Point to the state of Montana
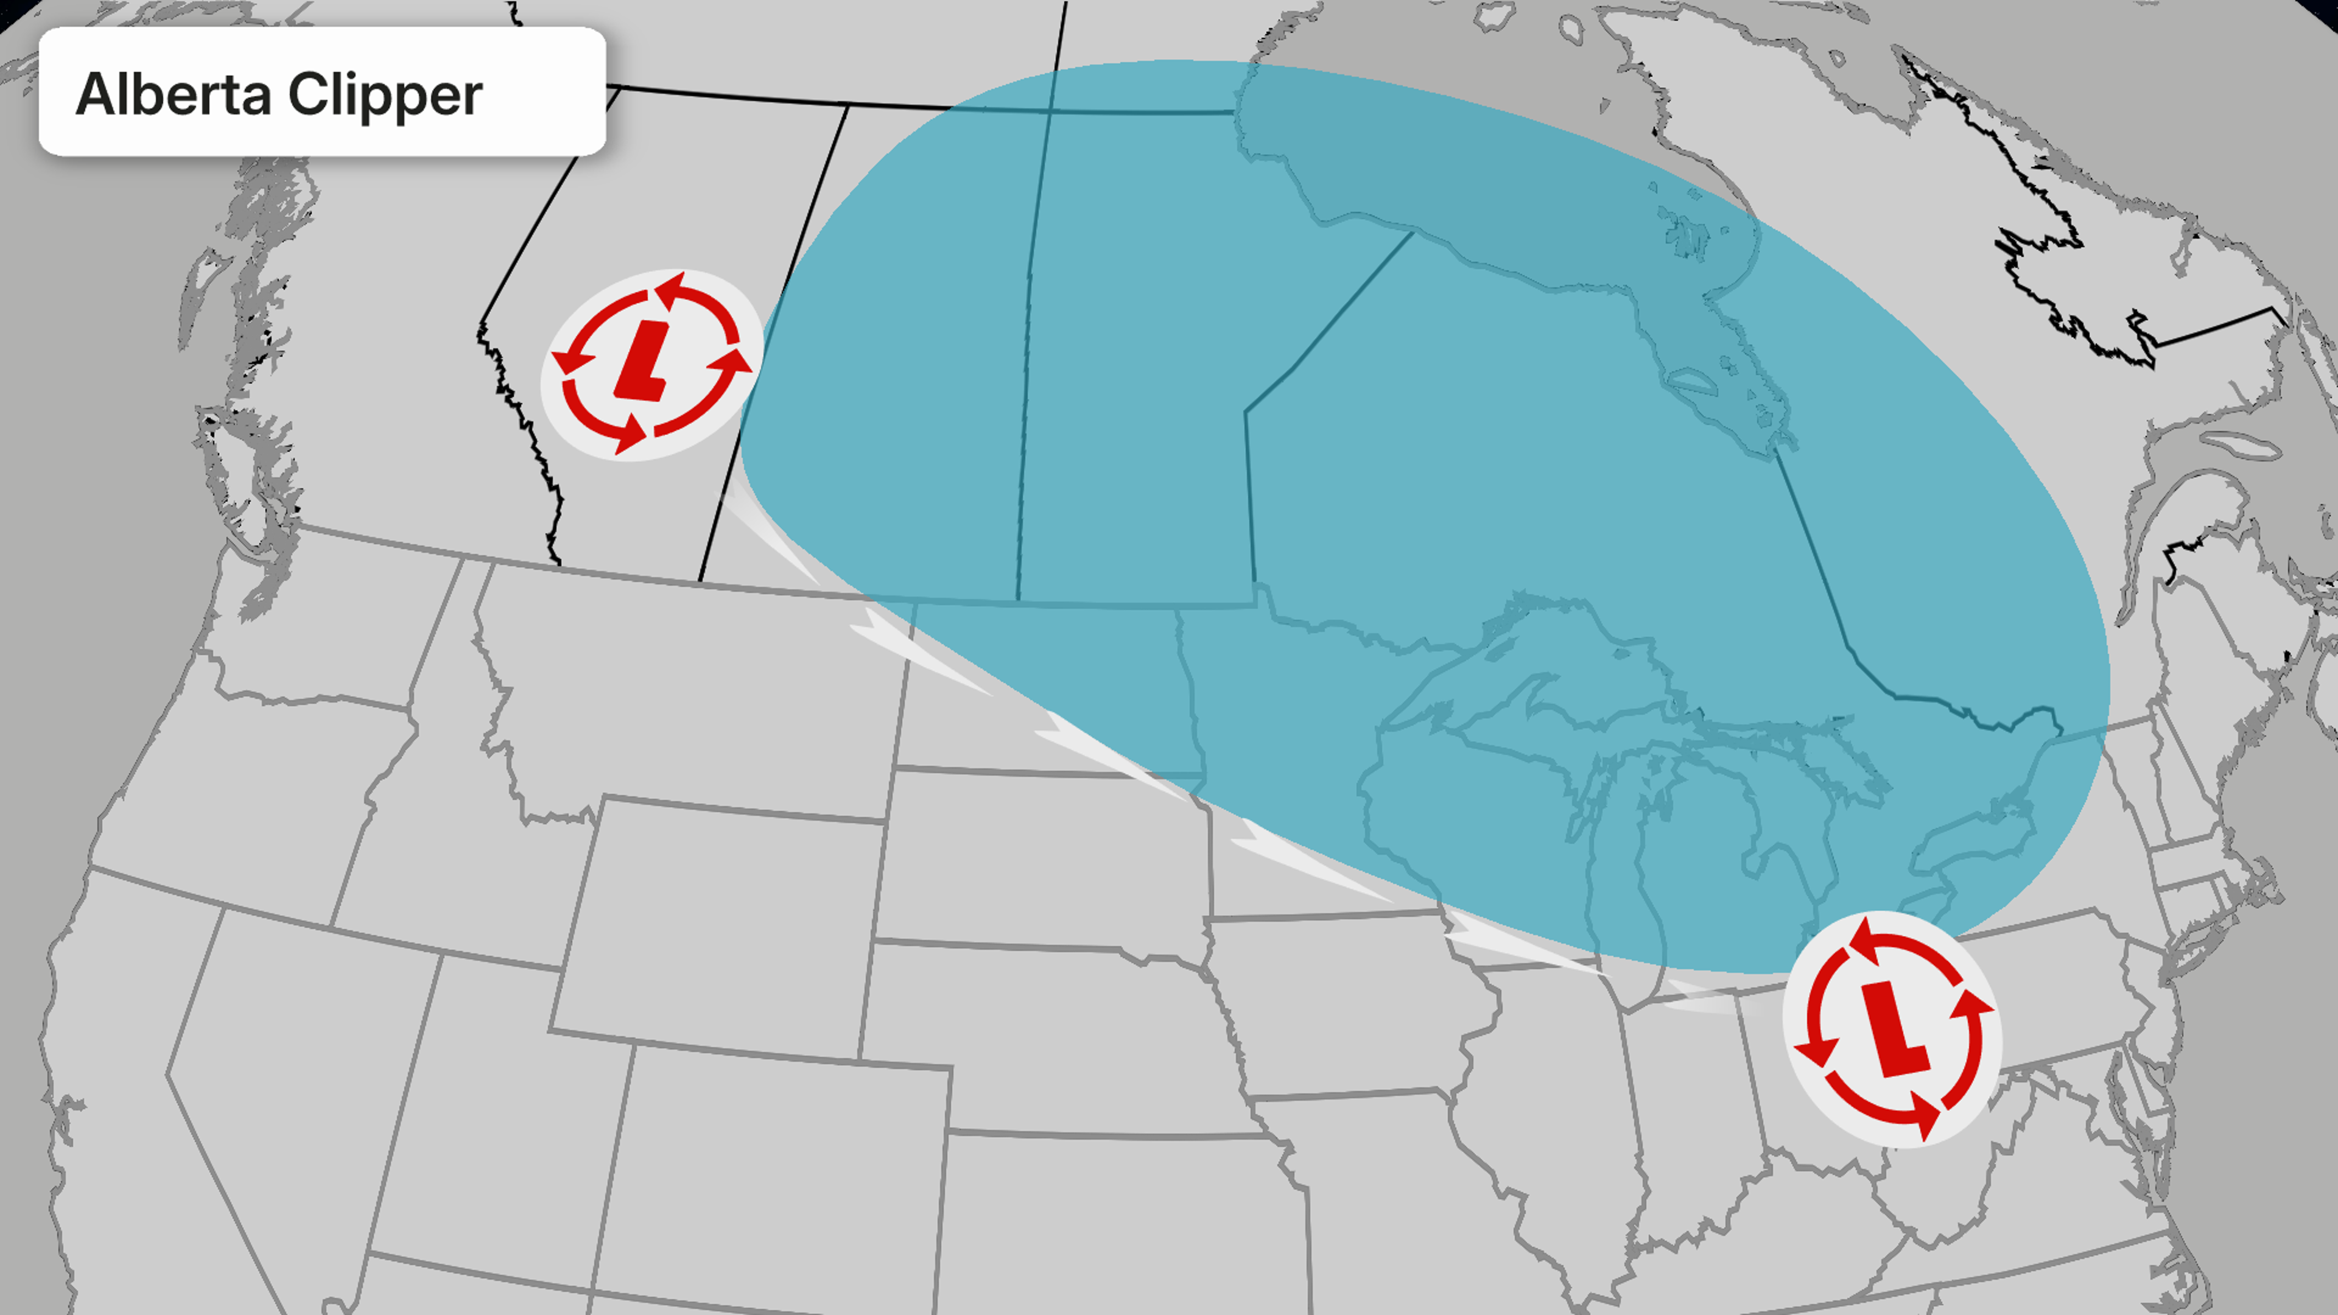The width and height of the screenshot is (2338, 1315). pyautogui.click(x=699, y=690)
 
